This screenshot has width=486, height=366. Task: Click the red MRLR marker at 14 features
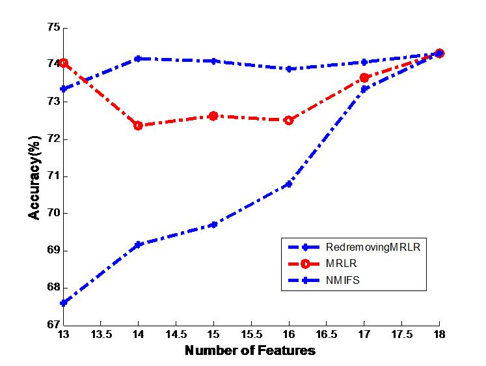(138, 125)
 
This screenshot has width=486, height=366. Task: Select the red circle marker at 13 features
(63, 63)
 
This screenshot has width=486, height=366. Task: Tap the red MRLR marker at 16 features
(289, 120)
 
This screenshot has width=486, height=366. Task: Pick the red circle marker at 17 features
(364, 77)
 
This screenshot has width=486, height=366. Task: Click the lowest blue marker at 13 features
(63, 303)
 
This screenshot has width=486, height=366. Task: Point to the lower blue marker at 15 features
(213, 225)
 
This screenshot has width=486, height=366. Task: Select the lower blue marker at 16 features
(289, 184)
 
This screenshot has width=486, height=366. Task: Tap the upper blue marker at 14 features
(138, 59)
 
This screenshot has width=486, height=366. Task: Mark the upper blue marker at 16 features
(289, 68)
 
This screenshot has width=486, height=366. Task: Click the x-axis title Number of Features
(250, 350)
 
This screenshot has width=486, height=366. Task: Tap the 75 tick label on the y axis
(52, 27)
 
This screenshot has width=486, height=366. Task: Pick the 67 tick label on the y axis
(52, 324)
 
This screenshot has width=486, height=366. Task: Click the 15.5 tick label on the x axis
(251, 334)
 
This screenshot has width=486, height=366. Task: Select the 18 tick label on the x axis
(439, 334)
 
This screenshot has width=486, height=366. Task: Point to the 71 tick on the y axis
(52, 176)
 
